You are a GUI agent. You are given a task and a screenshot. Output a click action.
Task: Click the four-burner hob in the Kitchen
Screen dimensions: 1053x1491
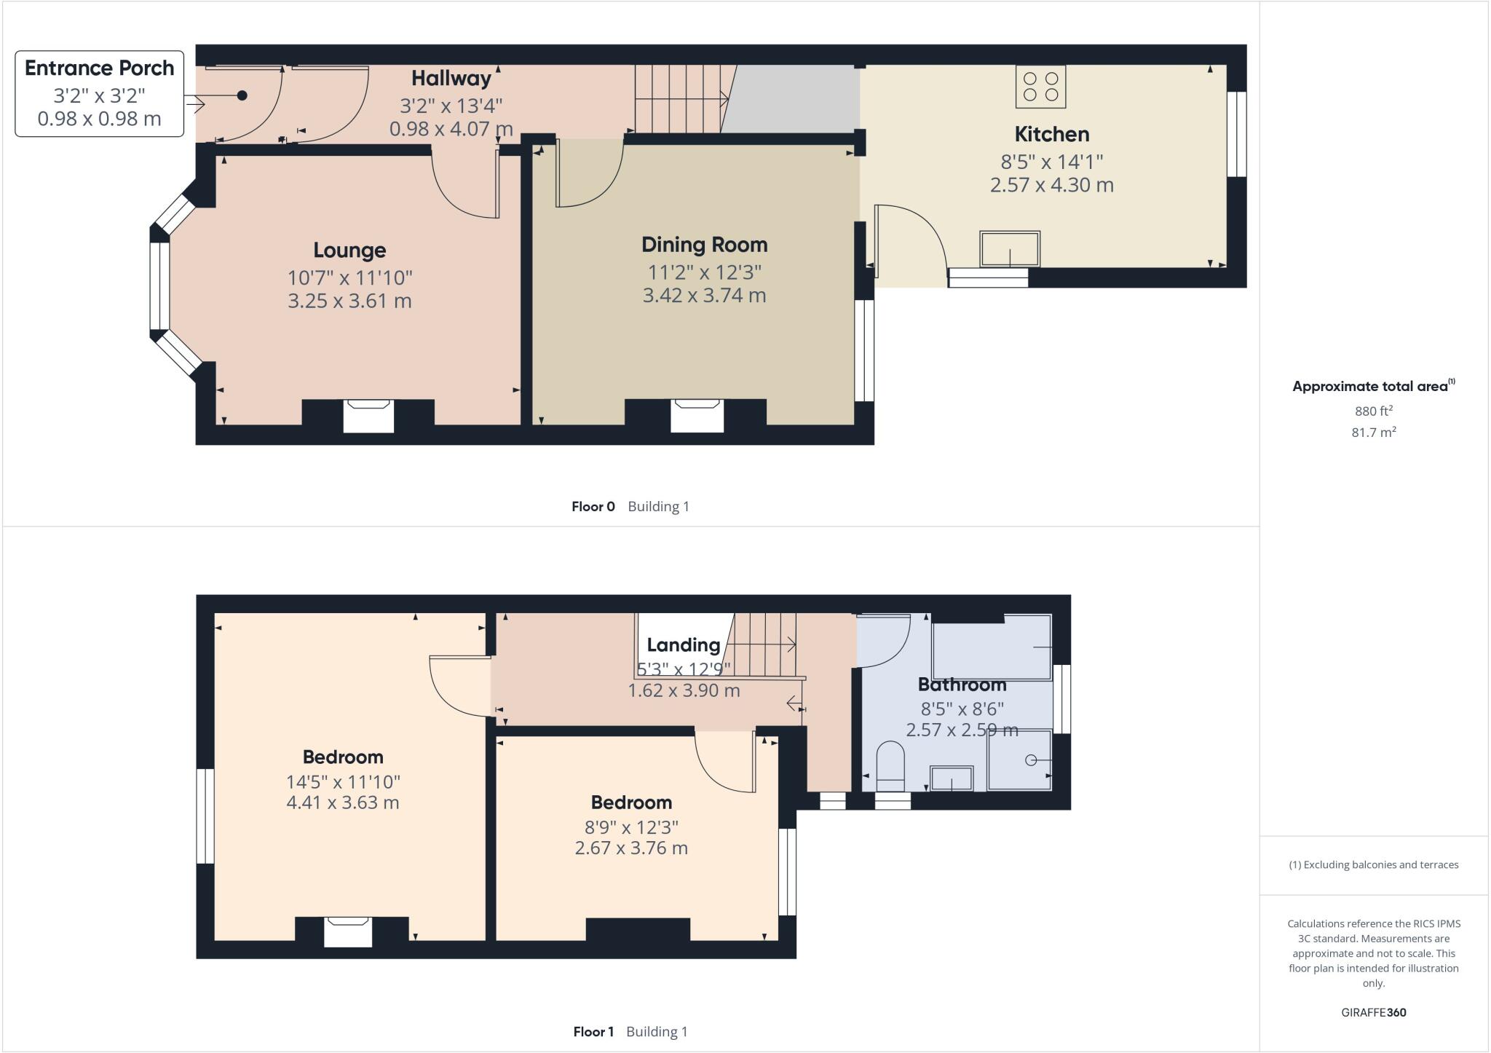1040,87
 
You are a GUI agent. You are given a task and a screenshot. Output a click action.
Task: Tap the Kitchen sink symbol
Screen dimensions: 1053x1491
1009,249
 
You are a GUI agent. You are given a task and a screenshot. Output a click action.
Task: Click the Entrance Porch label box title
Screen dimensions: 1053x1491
100,68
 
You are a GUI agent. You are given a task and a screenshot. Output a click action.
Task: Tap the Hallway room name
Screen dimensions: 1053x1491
451,79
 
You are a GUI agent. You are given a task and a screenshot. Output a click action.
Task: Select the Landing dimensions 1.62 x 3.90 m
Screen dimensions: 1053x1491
684,690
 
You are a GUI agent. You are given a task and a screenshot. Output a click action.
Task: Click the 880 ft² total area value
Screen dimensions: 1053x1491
1373,411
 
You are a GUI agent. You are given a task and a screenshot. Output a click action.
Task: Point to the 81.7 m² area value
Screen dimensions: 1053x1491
1373,433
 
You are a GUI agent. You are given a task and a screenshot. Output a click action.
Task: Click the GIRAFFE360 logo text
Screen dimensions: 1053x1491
1373,1012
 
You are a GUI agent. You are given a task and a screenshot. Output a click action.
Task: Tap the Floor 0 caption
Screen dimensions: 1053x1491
593,507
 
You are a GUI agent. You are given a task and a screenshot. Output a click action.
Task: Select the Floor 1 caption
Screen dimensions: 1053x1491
593,1032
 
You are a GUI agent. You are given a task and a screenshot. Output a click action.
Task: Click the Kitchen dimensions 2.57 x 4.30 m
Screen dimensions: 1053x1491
1051,185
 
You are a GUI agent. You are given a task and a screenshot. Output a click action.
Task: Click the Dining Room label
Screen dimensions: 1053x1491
704,245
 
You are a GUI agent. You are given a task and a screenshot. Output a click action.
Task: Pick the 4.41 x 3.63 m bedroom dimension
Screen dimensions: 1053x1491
343,803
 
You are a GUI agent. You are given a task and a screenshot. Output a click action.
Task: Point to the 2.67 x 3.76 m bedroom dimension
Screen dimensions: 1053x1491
631,848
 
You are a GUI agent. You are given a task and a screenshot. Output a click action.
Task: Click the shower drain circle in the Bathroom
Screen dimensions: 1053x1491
1030,760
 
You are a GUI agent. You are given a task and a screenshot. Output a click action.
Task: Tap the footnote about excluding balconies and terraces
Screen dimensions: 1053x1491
1373,865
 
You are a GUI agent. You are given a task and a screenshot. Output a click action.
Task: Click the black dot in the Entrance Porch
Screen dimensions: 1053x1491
242,95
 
